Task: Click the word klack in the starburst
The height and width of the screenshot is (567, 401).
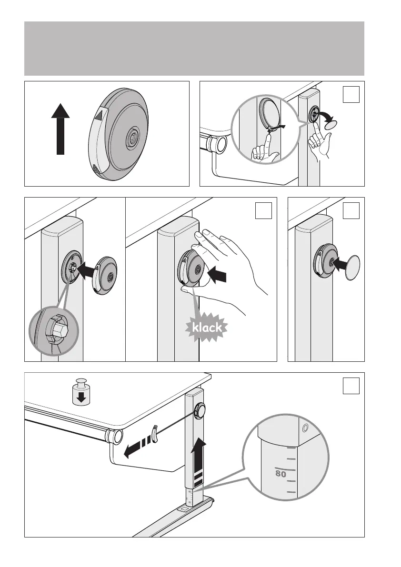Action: tap(207, 328)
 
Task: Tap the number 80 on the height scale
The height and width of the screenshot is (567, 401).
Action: tap(281, 474)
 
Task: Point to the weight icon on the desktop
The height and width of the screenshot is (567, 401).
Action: tap(82, 392)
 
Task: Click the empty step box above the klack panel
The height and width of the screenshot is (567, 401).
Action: tap(263, 210)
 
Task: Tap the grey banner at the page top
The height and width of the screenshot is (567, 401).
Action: tap(194, 48)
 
